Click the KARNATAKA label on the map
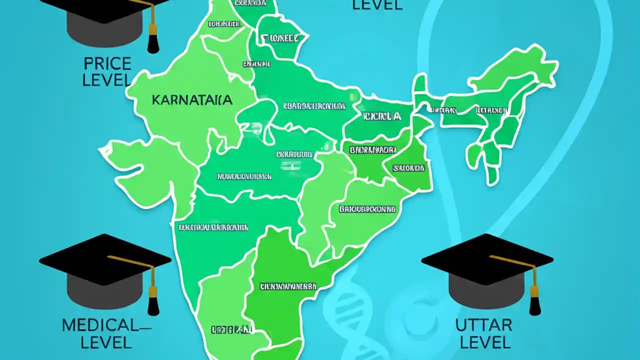192,100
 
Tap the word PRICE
107,64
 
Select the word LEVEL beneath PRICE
106,80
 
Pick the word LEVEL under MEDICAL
106,342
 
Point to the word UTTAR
483,325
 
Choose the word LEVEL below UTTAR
485,342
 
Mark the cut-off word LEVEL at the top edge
377,5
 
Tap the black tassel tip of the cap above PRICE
153,46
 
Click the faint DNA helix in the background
350,310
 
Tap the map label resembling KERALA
382,116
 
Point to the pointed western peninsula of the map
107,150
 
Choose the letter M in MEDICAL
69,325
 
